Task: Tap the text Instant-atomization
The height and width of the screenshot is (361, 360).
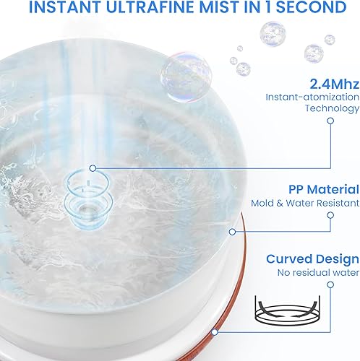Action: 312,96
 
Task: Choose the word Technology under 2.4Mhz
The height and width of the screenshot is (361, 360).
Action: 331,108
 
